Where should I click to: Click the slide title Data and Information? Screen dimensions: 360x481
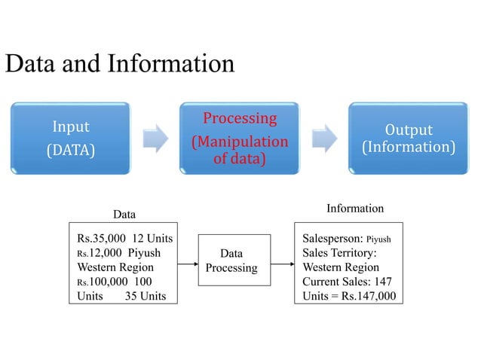click(x=120, y=63)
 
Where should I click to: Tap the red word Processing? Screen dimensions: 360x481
click(x=240, y=118)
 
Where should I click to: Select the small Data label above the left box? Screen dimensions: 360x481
click(x=124, y=215)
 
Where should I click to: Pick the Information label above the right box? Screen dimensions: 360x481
click(x=354, y=208)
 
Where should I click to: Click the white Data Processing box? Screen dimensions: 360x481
click(x=231, y=261)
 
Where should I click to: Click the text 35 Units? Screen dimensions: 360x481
click(x=145, y=294)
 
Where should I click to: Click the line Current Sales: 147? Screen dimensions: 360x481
click(x=347, y=281)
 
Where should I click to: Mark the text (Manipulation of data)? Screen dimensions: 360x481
click(x=240, y=151)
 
